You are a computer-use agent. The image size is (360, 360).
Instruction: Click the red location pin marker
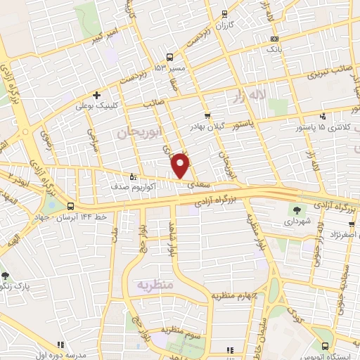pyautogui.click(x=181, y=165)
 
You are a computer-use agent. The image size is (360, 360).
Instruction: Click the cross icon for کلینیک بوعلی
pyautogui.click(x=96, y=95)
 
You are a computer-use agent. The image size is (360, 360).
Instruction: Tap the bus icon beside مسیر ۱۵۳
pyautogui.click(x=169, y=57)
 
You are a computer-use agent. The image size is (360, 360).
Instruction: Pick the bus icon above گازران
pyautogui.click(x=224, y=13)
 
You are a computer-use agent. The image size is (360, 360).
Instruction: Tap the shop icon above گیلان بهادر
pyautogui.click(x=207, y=116)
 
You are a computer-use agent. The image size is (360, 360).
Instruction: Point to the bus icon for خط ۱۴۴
pyautogui.click(x=70, y=207)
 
